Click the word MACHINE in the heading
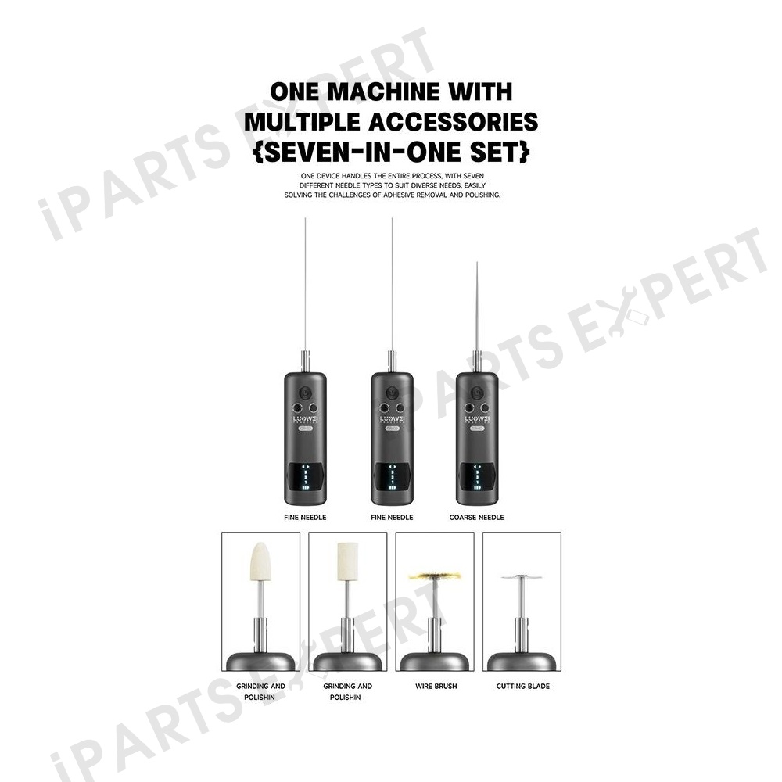pyautogui.click(x=383, y=91)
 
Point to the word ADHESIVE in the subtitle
pyautogui.click(x=399, y=195)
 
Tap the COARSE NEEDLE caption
pyautogui.click(x=476, y=517)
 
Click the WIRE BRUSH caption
pyautogui.click(x=436, y=687)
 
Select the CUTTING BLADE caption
pyautogui.click(x=522, y=687)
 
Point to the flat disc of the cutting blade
pyautogui.click(x=522, y=577)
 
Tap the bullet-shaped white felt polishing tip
pyautogui.click(x=260, y=561)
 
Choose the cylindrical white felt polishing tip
pyautogui.click(x=348, y=561)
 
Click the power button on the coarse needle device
pyautogui.click(x=477, y=393)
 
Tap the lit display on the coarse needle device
pyautogui.click(x=477, y=477)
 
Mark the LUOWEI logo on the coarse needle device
pyautogui.click(x=477, y=418)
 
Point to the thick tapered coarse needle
pyautogui.click(x=477, y=307)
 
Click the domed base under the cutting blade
pyautogui.click(x=522, y=662)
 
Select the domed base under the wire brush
pyautogui.click(x=435, y=662)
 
